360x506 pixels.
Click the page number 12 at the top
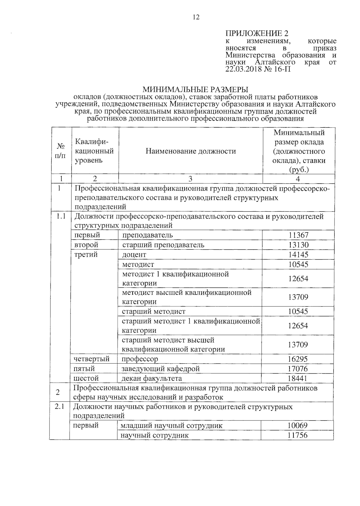[196, 17]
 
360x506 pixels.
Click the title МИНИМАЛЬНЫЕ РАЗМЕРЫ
[195, 90]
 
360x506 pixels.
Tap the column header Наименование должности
[191, 151]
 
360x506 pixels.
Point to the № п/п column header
[61, 151]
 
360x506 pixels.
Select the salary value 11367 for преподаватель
[298, 235]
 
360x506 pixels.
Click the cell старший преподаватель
[163, 245]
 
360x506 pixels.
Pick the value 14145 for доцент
[298, 255]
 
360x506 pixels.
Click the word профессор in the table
[140, 359]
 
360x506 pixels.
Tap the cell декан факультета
[151, 378]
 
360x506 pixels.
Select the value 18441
[298, 378]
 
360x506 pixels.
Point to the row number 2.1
[59, 407]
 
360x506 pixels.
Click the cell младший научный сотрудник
[171, 426]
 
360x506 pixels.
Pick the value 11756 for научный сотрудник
[297, 435]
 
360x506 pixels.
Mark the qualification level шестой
[86, 378]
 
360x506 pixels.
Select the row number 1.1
[61, 216]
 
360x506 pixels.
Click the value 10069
[297, 426]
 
